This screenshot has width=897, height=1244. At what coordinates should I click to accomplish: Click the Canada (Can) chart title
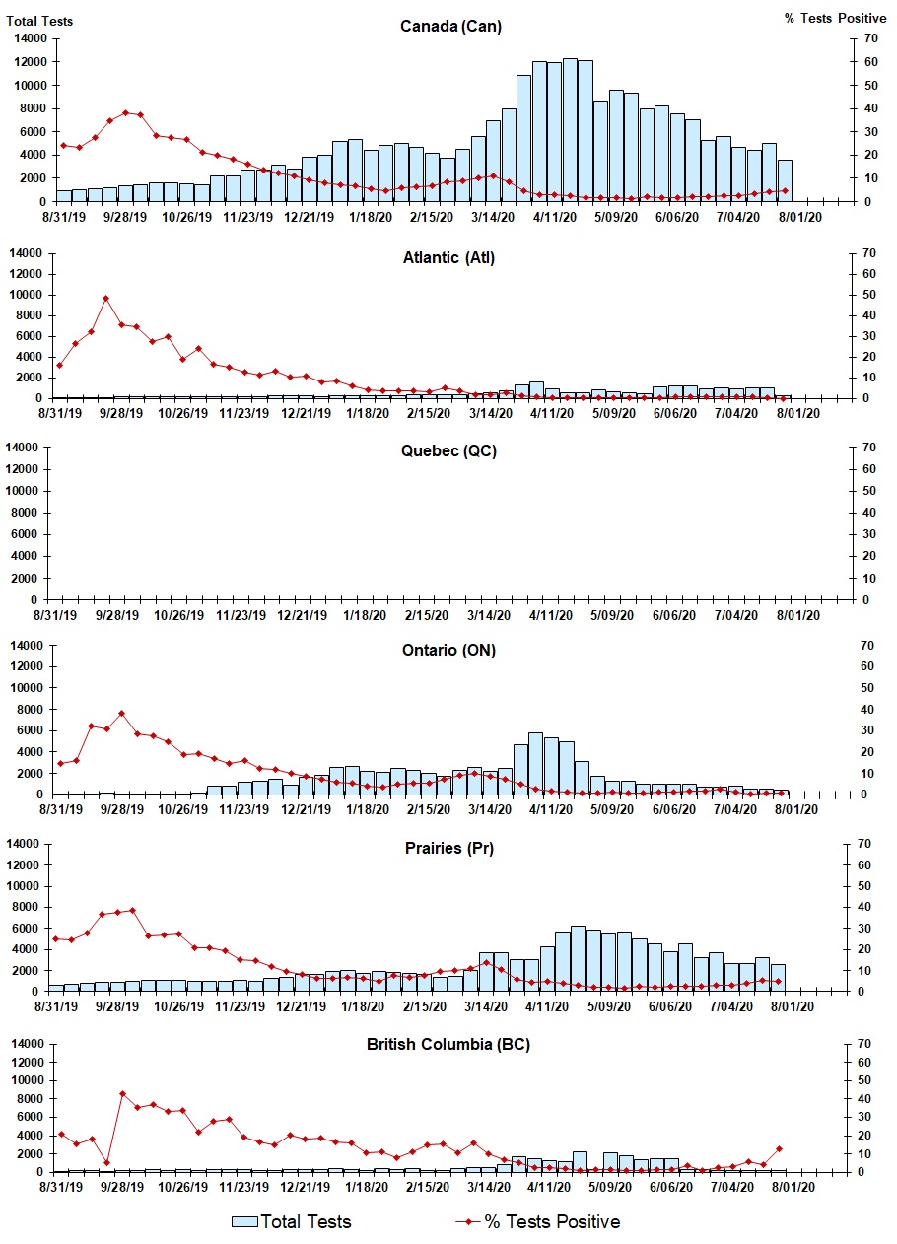coord(450,26)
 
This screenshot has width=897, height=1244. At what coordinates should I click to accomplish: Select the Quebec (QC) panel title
coord(448,450)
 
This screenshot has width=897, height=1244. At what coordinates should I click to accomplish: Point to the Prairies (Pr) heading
coord(448,848)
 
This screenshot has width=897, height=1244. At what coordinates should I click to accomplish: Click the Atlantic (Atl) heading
coord(448,258)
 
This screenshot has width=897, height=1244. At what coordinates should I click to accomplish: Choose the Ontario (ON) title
coord(448,650)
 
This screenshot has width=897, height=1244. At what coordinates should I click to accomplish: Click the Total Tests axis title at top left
coord(39,20)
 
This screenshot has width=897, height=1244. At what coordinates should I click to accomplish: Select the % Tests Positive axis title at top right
coord(836,19)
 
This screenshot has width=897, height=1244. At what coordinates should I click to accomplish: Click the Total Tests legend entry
coord(292,1221)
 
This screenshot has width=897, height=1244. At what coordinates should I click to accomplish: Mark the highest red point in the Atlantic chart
coord(105,298)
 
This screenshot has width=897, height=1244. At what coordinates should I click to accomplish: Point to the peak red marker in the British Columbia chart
coord(122,1093)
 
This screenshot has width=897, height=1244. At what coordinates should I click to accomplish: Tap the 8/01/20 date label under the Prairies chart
coord(793,1006)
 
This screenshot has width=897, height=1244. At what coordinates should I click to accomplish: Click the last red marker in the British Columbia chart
coord(779,1148)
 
